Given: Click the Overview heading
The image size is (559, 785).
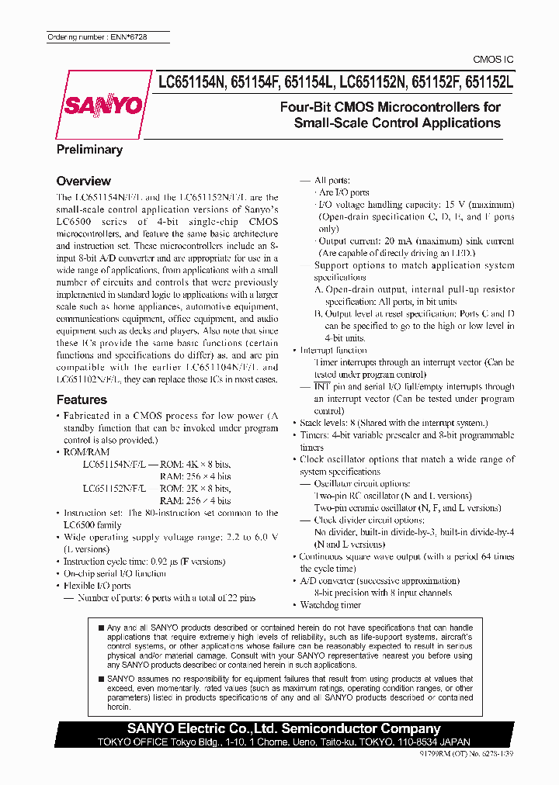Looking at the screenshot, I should [x=84, y=181].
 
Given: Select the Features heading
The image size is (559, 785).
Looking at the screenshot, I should [x=82, y=399].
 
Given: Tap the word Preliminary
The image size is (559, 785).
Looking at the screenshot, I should [x=89, y=150].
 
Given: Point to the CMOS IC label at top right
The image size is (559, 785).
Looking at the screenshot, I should [x=493, y=60].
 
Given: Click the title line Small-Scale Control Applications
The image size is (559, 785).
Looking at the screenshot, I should [x=397, y=123].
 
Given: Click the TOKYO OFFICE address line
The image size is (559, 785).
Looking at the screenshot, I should [x=284, y=741].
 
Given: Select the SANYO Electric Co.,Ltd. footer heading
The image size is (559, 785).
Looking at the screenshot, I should [x=284, y=728].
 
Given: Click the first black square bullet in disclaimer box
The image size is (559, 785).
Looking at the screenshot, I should [x=101, y=627].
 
